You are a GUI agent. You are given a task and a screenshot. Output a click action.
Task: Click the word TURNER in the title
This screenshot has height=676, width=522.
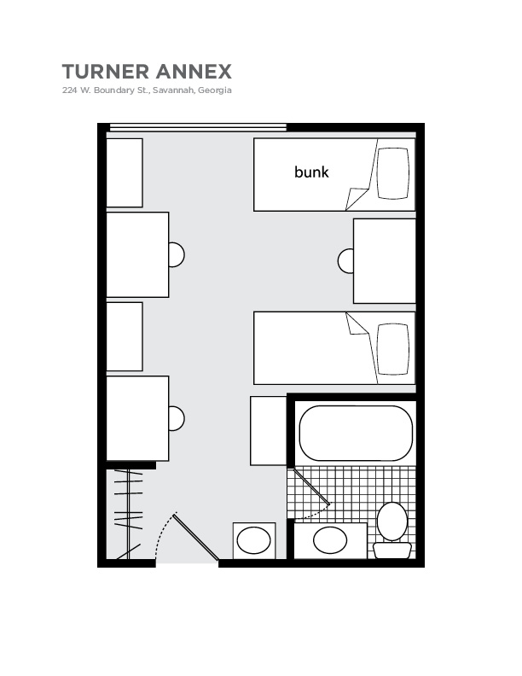(x=106, y=72)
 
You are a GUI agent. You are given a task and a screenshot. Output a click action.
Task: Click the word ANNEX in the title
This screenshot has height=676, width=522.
(x=194, y=72)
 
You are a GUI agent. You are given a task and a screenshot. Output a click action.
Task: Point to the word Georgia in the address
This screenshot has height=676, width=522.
(x=215, y=90)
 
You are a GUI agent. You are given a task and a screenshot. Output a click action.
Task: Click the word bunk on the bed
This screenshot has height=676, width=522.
(x=311, y=172)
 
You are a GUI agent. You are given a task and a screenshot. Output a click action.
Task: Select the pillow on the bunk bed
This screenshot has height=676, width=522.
(x=393, y=173)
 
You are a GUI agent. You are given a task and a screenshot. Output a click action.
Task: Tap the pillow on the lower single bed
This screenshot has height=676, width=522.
(x=393, y=349)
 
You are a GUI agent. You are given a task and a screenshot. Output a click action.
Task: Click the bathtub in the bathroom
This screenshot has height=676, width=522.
(x=356, y=433)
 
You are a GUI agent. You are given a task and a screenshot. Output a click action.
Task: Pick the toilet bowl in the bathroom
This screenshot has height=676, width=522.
(x=392, y=522)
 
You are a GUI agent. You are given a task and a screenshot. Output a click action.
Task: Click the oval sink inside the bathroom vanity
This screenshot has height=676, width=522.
(x=330, y=540)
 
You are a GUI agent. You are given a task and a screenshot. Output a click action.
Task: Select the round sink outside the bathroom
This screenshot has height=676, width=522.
(x=254, y=540)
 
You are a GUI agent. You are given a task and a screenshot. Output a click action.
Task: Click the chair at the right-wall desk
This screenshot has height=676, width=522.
(x=345, y=261)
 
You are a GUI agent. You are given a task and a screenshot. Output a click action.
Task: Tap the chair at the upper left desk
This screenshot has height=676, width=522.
(x=177, y=254)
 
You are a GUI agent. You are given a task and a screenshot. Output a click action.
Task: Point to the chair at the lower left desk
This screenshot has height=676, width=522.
(x=177, y=418)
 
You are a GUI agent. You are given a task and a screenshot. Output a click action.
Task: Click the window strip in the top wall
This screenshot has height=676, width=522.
(x=198, y=127)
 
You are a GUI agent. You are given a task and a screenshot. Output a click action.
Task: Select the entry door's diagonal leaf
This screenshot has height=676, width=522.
(x=196, y=537)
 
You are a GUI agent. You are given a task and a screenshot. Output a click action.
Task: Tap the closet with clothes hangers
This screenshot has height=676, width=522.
(x=128, y=514)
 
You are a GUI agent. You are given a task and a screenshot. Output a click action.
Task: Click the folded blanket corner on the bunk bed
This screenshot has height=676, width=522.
(x=357, y=198)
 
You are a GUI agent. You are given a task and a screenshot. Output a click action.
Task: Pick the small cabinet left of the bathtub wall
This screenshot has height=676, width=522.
(x=269, y=431)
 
